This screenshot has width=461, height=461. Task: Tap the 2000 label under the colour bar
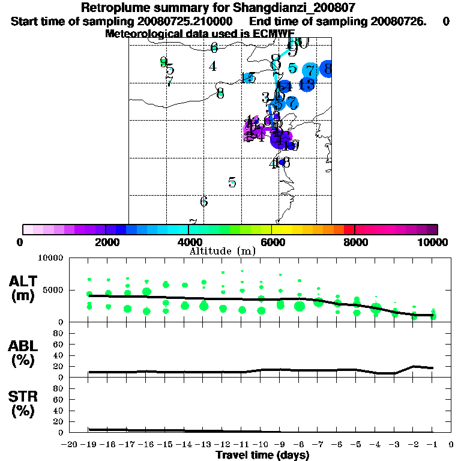[106, 242]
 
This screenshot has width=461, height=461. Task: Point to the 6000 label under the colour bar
[272, 242]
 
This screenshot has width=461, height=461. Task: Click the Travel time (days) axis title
[262, 455]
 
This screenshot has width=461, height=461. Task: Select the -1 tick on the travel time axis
[432, 445]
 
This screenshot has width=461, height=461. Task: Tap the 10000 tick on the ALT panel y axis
[52, 258]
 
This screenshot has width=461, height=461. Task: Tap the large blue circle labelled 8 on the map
[327, 69]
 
